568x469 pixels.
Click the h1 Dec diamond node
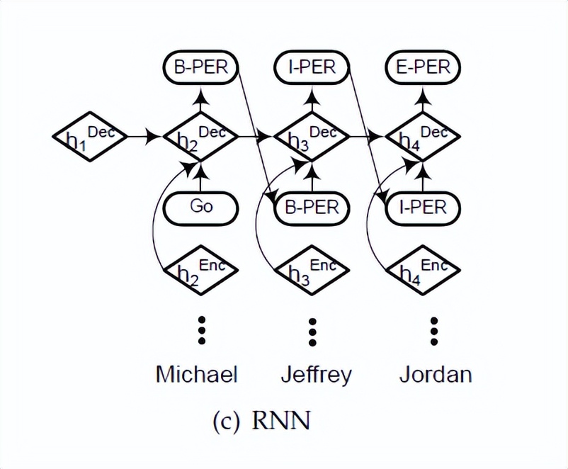click(x=89, y=136)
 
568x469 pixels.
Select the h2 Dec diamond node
click(x=201, y=137)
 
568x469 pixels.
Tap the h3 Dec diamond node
click(x=312, y=137)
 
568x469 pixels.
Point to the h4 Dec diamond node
click(x=423, y=137)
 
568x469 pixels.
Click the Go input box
click(x=201, y=208)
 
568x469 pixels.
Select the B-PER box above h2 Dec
click(x=201, y=69)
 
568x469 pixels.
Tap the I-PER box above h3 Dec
click(x=312, y=69)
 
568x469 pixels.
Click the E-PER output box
click(x=423, y=69)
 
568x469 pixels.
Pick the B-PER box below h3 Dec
click(x=312, y=208)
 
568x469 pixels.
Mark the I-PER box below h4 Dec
click(x=423, y=208)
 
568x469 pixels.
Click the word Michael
click(x=196, y=373)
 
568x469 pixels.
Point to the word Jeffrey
click(x=316, y=374)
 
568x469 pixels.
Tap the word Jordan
click(x=435, y=373)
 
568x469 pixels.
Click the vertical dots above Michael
click(x=202, y=330)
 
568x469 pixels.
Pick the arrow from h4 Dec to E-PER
click(x=423, y=101)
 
